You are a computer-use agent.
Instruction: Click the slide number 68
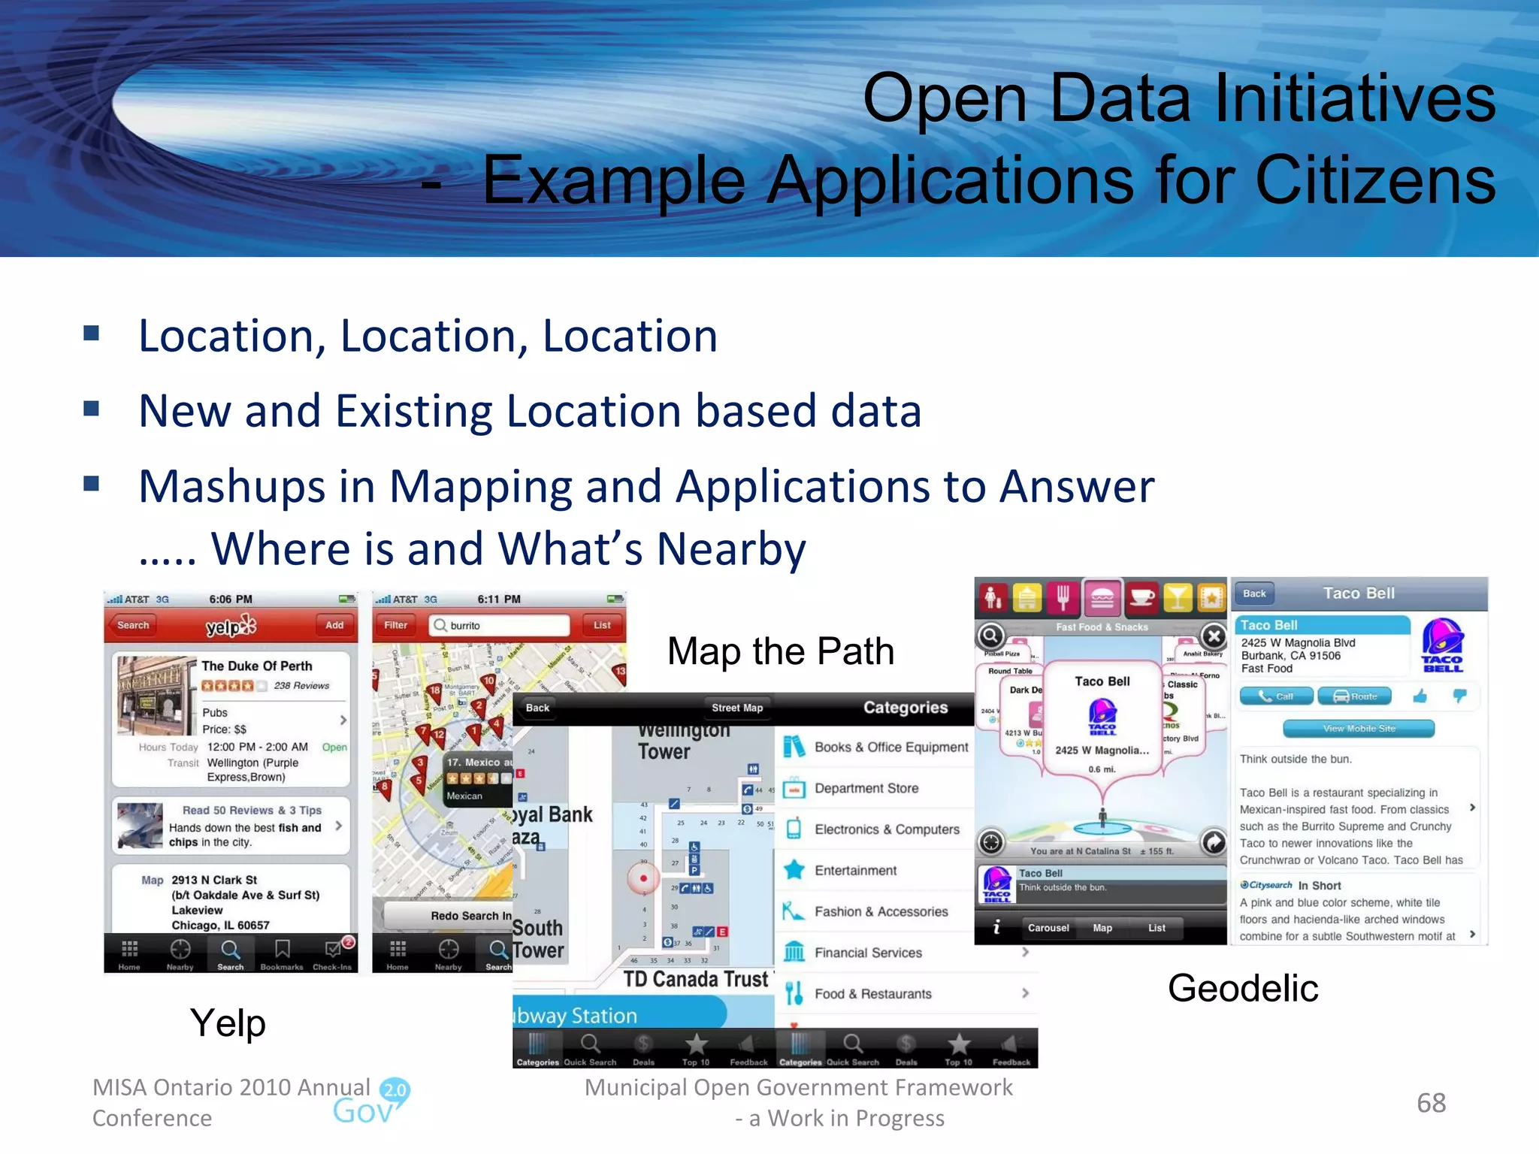(x=1431, y=1103)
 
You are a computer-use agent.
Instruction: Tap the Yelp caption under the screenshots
(x=228, y=1023)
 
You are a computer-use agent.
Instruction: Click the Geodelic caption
(x=1243, y=988)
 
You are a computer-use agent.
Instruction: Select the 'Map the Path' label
(x=781, y=651)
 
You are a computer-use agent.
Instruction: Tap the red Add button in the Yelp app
(x=334, y=625)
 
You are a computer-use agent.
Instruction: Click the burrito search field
(x=500, y=625)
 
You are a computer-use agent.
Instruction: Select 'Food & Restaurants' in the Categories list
(x=873, y=994)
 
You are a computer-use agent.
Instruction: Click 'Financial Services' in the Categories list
(x=868, y=953)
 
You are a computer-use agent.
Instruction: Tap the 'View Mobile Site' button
(x=1359, y=728)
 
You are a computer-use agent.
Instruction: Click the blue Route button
(x=1355, y=696)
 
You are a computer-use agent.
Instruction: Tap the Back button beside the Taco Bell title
(x=1254, y=594)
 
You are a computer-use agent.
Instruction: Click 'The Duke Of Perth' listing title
(x=257, y=666)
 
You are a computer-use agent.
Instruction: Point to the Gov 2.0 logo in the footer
(x=372, y=1102)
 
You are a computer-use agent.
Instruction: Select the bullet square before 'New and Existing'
(x=92, y=409)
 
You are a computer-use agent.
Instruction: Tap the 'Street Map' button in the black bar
(x=737, y=708)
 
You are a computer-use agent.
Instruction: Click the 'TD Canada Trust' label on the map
(x=696, y=979)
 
